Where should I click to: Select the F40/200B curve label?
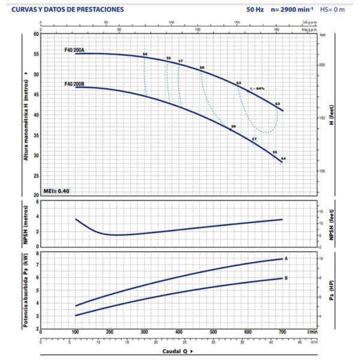tap(75, 84)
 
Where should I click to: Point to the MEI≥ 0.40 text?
tap(56, 191)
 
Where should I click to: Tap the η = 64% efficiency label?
tap(257, 88)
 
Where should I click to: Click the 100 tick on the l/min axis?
tap(76, 332)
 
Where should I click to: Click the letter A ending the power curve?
tap(286, 259)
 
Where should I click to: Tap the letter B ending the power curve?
tap(286, 278)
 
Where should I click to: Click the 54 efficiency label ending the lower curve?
tap(283, 158)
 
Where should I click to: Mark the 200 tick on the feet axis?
tap(322, 64)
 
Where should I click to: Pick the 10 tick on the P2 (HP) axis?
tap(321, 258)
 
